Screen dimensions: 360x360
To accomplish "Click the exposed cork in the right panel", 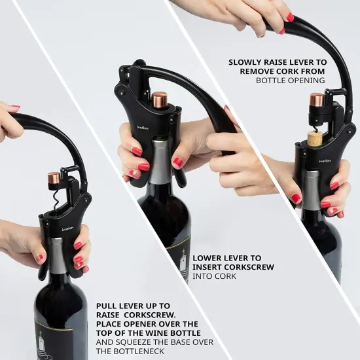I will click(x=315, y=137).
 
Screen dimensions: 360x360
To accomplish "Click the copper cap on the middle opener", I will click(x=159, y=99).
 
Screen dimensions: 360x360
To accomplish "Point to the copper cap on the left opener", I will click(x=54, y=178).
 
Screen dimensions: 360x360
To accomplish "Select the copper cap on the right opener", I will click(x=317, y=100).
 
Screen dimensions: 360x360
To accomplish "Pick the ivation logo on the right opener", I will click(x=325, y=161).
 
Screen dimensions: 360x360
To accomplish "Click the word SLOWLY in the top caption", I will click(x=244, y=63).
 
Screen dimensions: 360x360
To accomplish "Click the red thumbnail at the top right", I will click(x=289, y=16).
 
